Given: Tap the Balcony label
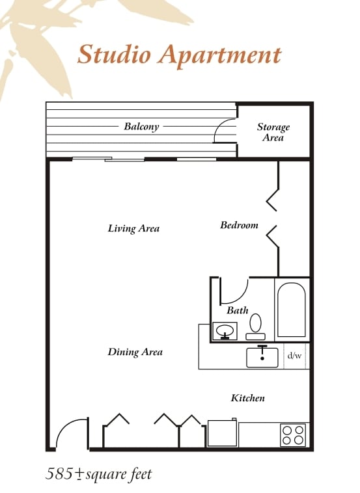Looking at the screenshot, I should point(141,127).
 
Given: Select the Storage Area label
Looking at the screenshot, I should point(273,132).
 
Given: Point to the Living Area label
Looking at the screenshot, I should point(133,228).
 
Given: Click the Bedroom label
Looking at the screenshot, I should point(239,225).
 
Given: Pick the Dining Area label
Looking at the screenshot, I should point(135,352).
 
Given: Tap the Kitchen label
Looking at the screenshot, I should point(247,397).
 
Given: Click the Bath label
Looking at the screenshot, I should point(237,310).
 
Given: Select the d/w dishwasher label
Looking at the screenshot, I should point(295,356).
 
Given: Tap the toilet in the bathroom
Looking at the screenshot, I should point(256,325).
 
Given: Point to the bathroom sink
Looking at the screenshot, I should point(225,331).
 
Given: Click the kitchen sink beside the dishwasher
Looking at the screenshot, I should point(262,357).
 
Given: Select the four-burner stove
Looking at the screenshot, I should point(293,434).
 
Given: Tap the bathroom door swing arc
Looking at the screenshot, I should point(236,289).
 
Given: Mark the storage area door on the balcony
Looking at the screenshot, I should point(224,132).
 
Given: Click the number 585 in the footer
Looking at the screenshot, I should point(60,473).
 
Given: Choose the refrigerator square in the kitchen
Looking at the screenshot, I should point(221,433).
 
